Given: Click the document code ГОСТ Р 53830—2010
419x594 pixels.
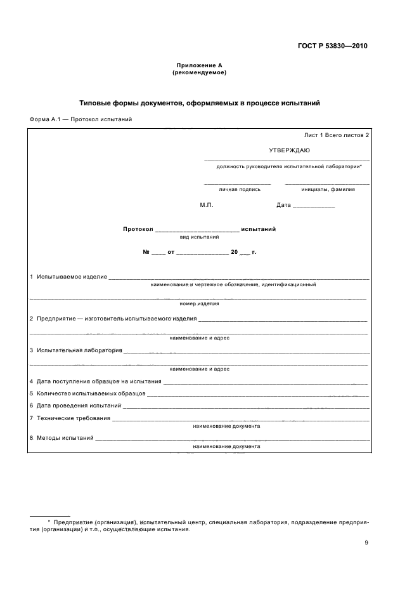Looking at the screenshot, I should tap(333, 46).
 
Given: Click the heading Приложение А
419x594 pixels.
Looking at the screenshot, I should tap(199, 66).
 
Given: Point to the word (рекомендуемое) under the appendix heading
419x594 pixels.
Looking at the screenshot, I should tap(199, 73).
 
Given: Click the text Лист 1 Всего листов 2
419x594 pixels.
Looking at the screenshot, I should tap(336, 135).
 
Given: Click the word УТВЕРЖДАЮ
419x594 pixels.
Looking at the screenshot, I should tap(289, 150).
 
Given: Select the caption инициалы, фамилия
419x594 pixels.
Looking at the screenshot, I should tap(328, 189).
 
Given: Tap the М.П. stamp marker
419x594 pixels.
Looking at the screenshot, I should tap(207, 205).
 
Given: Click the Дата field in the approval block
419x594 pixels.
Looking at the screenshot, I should tap(284, 205).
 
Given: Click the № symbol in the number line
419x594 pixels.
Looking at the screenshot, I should tap(146, 252).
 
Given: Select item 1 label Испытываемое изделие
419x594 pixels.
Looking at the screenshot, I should tap(72, 277).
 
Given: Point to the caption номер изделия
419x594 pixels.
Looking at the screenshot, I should tap(199, 304).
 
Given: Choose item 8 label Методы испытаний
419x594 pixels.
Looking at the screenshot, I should tap(65, 438).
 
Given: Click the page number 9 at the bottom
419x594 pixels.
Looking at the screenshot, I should tap(366, 542).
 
